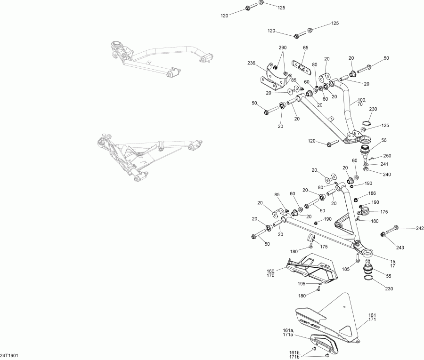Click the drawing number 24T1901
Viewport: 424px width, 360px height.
tap(9, 356)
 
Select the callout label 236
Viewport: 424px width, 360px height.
tap(251, 63)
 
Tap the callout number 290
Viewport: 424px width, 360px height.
tap(282, 48)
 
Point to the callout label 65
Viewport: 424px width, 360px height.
tap(305, 48)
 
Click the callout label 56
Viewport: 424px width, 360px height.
tap(383, 140)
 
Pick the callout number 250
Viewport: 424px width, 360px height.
tap(387, 156)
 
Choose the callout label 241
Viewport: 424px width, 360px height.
tap(384, 165)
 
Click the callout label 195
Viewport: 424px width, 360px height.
tap(301, 284)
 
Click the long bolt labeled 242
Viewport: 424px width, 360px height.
tap(391, 230)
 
